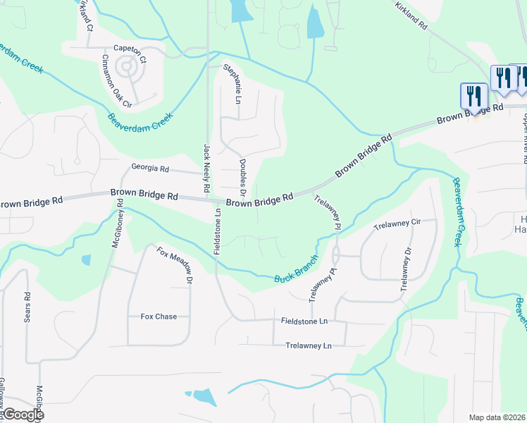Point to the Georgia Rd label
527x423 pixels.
pyautogui.click(x=150, y=168)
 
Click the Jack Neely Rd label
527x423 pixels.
pyautogui.click(x=207, y=169)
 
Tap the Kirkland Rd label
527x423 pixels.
pyautogui.click(x=411, y=14)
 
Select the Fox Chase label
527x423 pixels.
pyautogui.click(x=159, y=317)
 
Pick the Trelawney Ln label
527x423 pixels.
pyautogui.click(x=308, y=345)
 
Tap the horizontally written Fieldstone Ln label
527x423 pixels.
pyautogui.click(x=304, y=321)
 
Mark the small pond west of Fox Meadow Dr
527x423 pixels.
pyautogui.click(x=86, y=259)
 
